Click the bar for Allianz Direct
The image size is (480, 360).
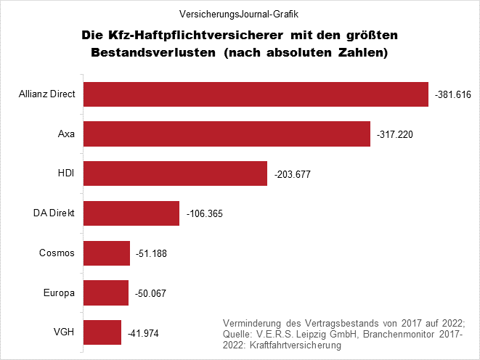(x=256, y=95)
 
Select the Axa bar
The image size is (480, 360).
(x=227, y=134)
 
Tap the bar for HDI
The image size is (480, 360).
(x=176, y=174)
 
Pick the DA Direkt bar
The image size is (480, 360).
(x=131, y=213)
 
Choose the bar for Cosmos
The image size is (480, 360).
(x=107, y=253)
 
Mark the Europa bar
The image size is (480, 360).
(x=106, y=293)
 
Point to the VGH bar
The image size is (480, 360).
(x=102, y=332)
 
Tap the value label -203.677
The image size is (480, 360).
(x=293, y=175)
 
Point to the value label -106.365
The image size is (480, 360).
(x=204, y=214)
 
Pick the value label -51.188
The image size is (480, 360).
(x=152, y=254)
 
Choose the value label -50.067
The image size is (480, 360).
(x=151, y=294)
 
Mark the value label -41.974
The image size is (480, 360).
(x=143, y=333)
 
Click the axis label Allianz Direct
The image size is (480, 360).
(x=48, y=95)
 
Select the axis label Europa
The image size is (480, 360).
(x=60, y=293)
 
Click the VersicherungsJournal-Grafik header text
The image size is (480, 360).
(x=240, y=13)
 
